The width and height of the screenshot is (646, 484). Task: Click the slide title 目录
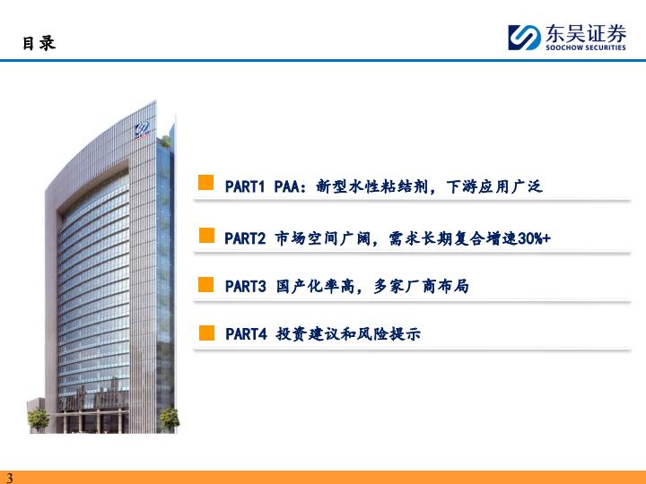click(39, 43)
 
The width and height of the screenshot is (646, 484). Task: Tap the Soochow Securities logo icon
click(524, 38)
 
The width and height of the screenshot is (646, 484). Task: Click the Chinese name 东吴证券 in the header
click(586, 33)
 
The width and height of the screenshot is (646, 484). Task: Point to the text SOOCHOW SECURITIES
click(586, 48)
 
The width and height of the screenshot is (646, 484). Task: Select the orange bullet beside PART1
click(206, 183)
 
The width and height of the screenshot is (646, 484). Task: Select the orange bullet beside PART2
click(207, 236)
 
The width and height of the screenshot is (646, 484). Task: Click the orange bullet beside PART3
click(206, 284)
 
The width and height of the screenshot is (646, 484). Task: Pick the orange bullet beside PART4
click(207, 333)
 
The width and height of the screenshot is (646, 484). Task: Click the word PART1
click(245, 186)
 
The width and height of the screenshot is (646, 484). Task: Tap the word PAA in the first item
click(287, 186)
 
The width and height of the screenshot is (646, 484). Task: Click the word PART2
click(245, 238)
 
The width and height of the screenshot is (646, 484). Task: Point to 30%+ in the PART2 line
click(534, 238)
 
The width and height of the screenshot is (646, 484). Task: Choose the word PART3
click(246, 286)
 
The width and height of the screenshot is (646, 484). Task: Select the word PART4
click(247, 333)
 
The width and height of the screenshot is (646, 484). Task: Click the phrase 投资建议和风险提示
click(348, 333)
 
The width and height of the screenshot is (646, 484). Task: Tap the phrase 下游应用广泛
click(494, 186)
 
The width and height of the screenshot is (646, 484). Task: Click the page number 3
click(10, 478)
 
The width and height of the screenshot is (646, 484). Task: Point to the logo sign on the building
click(142, 130)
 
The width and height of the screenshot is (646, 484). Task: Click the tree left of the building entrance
click(39, 419)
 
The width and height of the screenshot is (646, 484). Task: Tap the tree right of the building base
click(170, 419)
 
